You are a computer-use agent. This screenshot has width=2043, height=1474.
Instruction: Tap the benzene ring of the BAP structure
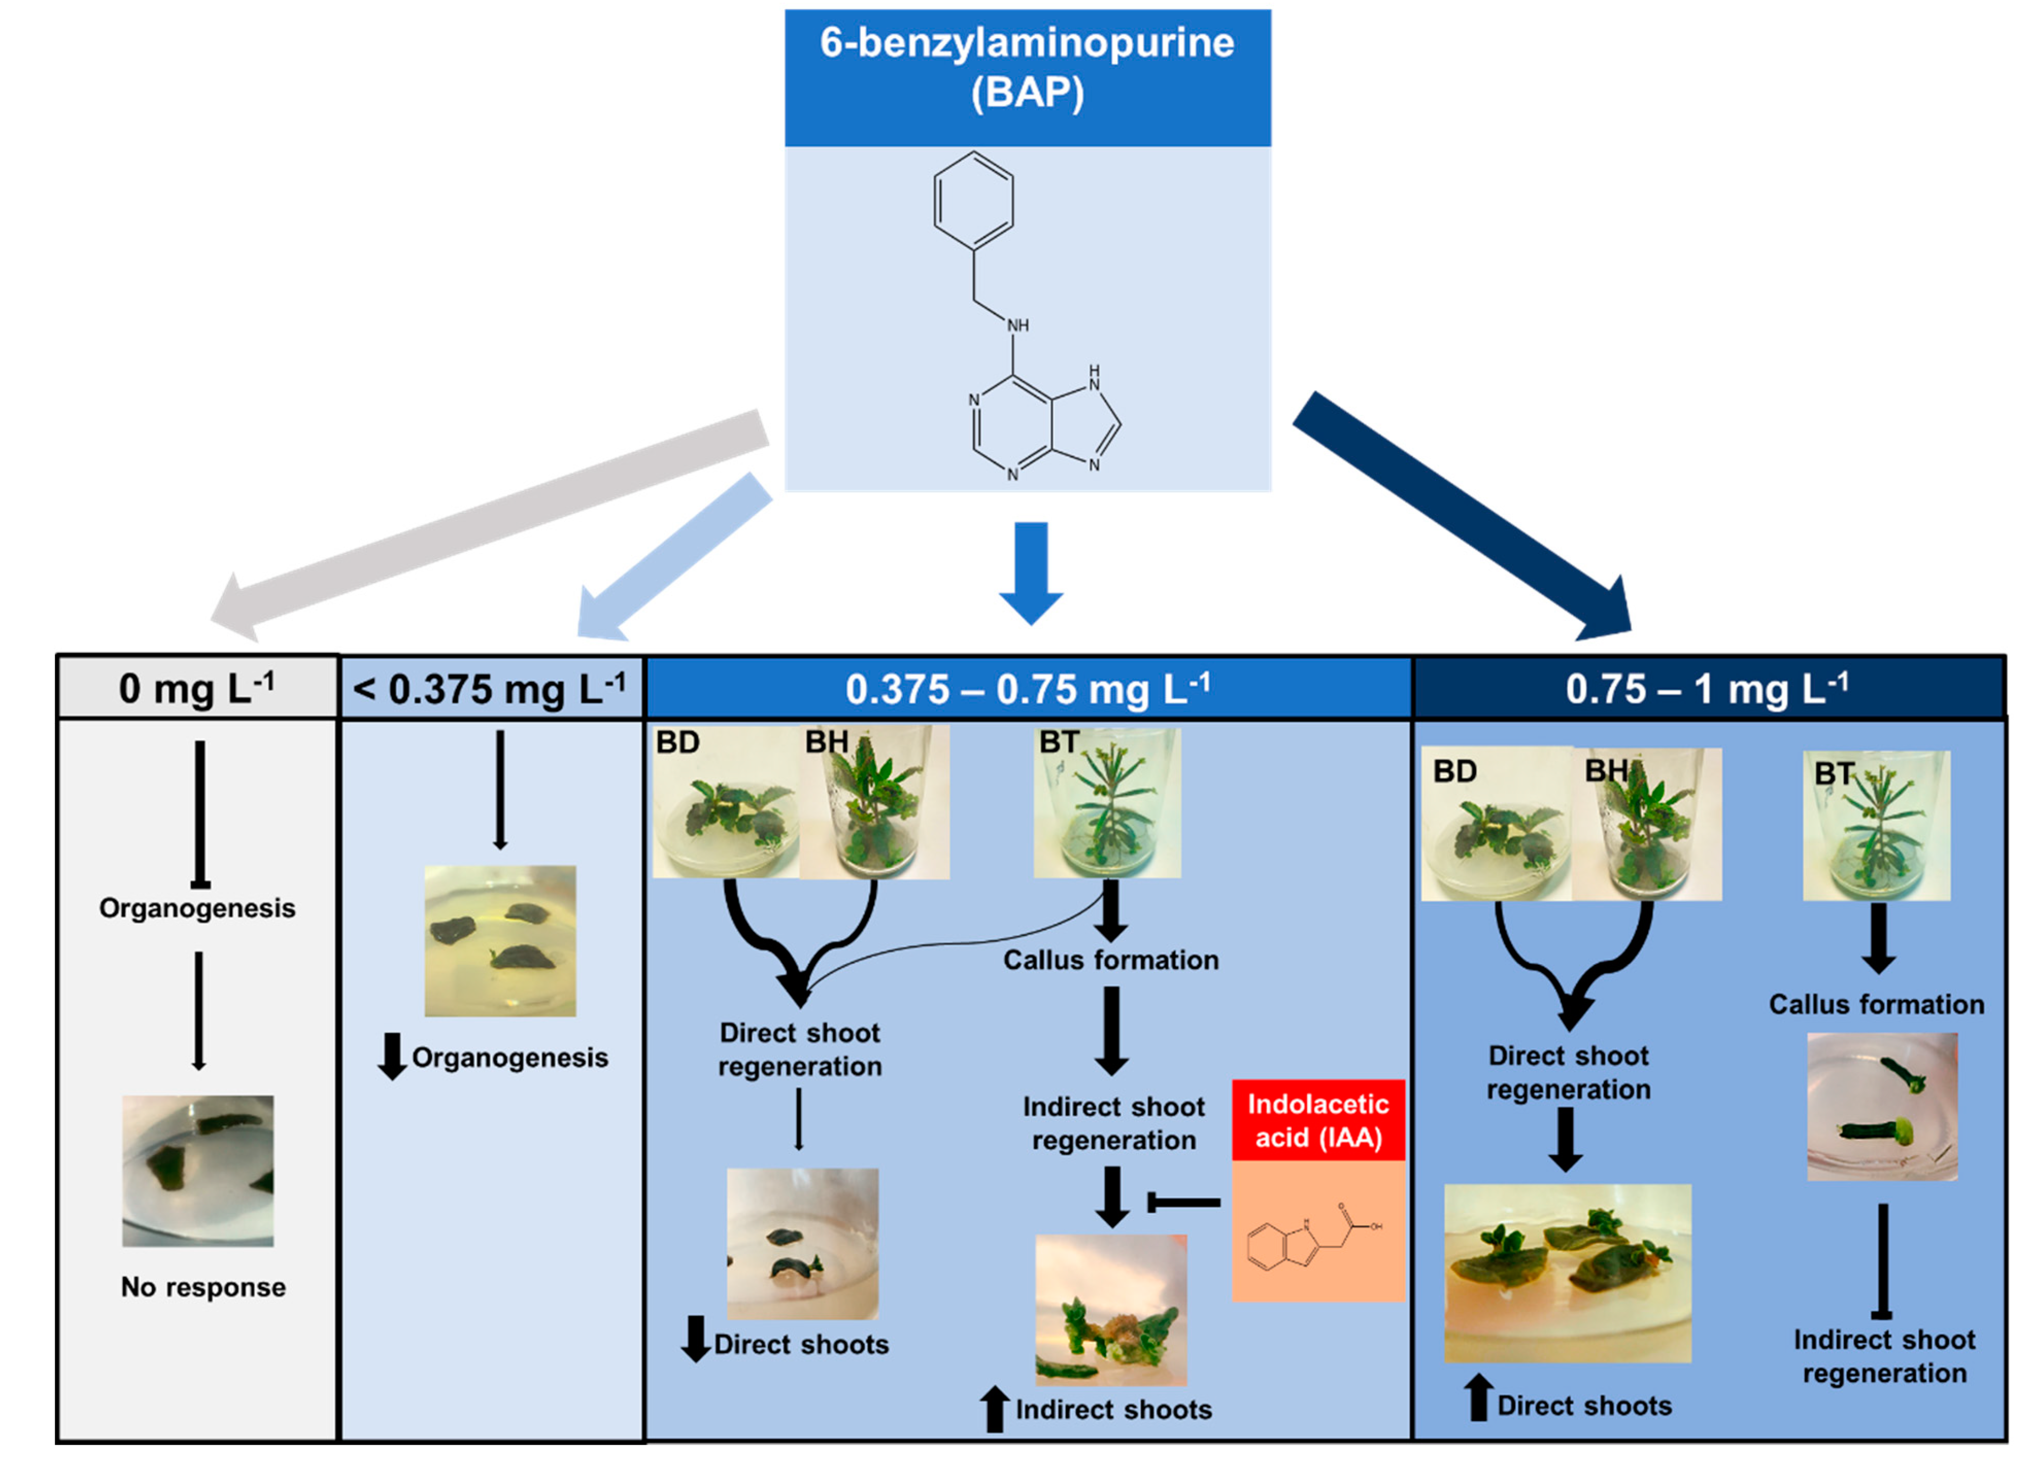coord(973,200)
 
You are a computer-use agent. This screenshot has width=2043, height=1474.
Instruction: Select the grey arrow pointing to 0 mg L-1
coord(486,522)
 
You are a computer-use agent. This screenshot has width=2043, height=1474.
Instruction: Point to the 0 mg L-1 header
coord(196,689)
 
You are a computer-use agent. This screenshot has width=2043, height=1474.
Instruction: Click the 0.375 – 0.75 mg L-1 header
coord(1027,689)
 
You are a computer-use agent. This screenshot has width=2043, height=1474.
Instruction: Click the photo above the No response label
coord(198,1171)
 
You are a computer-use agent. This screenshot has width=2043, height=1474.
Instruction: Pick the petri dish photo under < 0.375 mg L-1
coord(500,941)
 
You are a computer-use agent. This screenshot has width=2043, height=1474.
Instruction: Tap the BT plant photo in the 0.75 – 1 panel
coord(1877,826)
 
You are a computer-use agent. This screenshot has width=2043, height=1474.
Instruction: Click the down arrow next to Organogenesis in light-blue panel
coord(392,1056)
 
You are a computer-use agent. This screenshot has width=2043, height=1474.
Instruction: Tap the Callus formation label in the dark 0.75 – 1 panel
coord(1877,1004)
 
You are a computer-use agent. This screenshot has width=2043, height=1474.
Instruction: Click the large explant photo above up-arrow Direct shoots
coord(1567,1272)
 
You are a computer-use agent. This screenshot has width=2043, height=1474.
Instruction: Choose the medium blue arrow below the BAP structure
coord(1032,572)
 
